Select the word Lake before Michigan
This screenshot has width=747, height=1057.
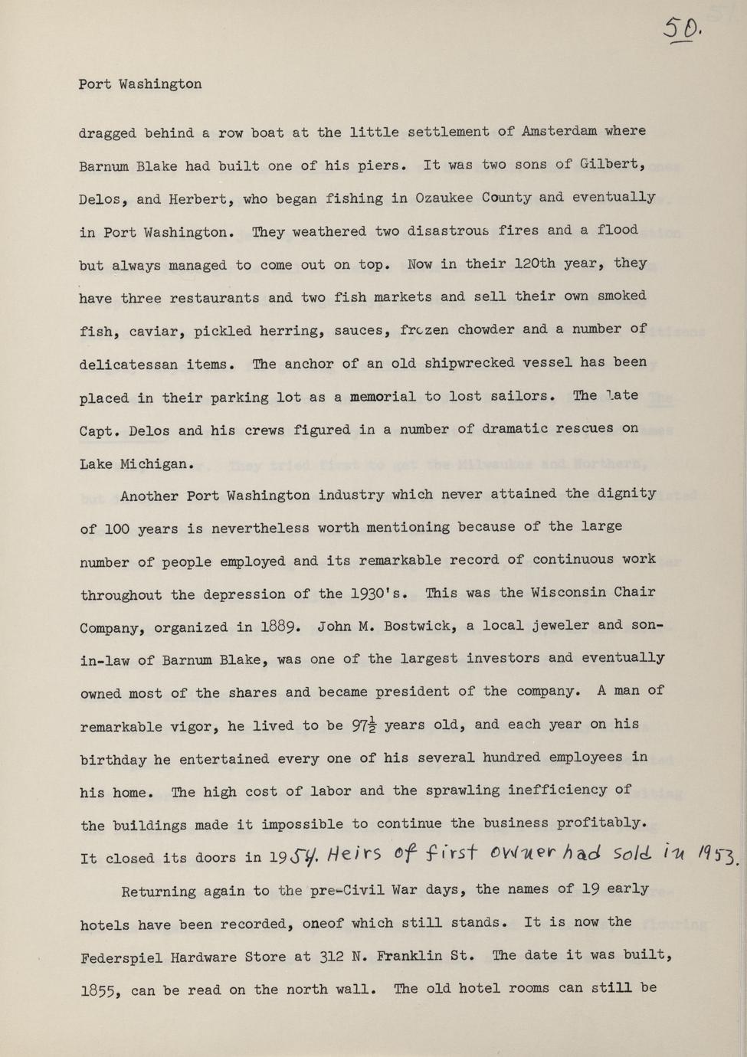(96, 463)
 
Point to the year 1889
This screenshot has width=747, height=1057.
(274, 627)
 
